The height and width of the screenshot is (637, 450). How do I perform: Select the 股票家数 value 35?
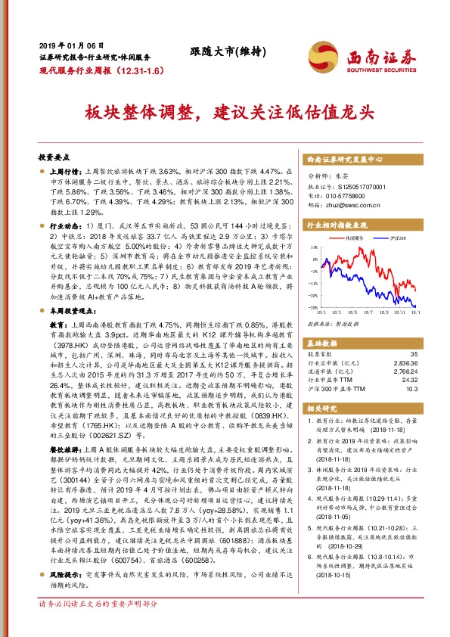pos(414,353)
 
